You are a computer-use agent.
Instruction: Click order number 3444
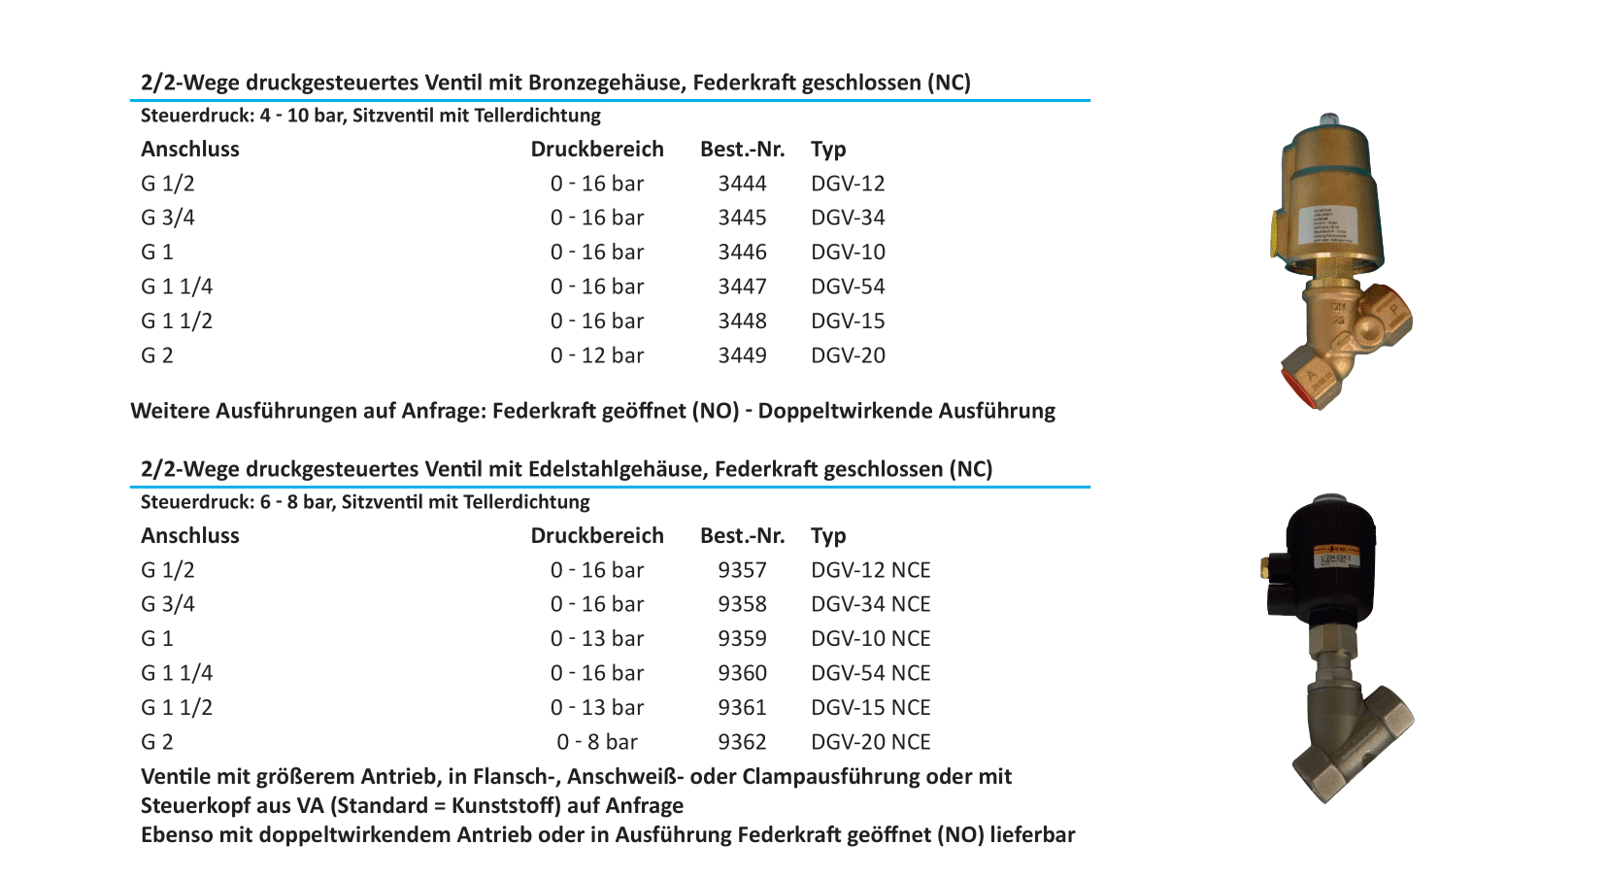tap(742, 184)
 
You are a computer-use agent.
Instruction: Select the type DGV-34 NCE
tap(870, 604)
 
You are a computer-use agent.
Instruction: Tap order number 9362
tap(742, 742)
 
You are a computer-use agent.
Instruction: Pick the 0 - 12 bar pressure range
tap(597, 355)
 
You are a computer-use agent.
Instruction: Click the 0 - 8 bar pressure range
tap(597, 742)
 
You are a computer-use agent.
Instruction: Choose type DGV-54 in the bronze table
tap(848, 287)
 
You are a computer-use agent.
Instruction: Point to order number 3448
tap(742, 321)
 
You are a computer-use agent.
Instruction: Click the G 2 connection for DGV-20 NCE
tap(157, 742)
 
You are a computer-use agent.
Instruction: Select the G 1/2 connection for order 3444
tap(168, 184)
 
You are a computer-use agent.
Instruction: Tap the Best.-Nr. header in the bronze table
tap(742, 150)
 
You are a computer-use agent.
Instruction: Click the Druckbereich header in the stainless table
tap(597, 536)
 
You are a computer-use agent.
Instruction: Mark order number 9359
tap(742, 639)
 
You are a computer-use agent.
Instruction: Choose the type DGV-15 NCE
tap(870, 708)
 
